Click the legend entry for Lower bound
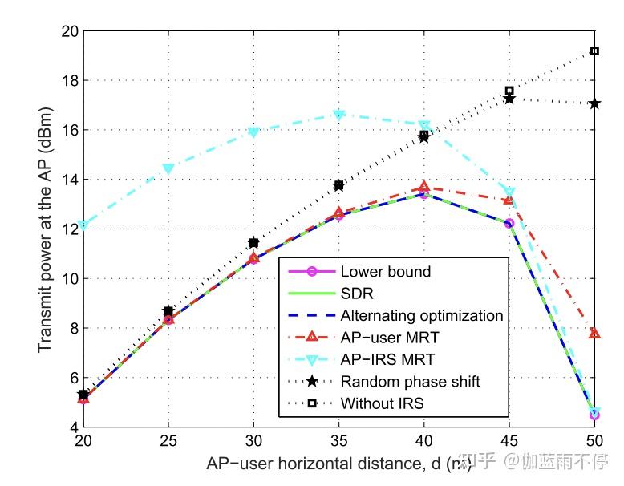pos(385,272)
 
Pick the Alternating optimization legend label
pos(421,315)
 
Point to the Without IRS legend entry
pos(382,402)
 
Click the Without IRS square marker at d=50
pos(594,51)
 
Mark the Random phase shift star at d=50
pos(594,104)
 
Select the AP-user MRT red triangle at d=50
pos(594,333)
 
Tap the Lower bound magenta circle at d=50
pos(594,415)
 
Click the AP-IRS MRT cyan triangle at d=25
pos(168,169)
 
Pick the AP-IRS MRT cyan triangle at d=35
pos(338,115)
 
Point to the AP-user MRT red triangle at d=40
pos(424,187)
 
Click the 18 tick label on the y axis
pos(68,81)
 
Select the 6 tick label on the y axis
pos(71,378)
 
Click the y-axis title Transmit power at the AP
pos(43,229)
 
